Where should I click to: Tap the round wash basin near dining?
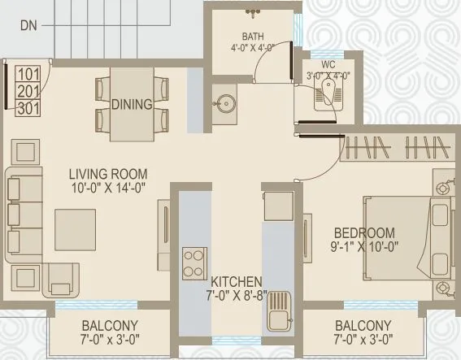(x=225, y=103)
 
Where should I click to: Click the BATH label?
(x=254, y=37)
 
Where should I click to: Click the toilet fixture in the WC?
(x=324, y=96)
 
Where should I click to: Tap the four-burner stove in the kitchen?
(x=194, y=262)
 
